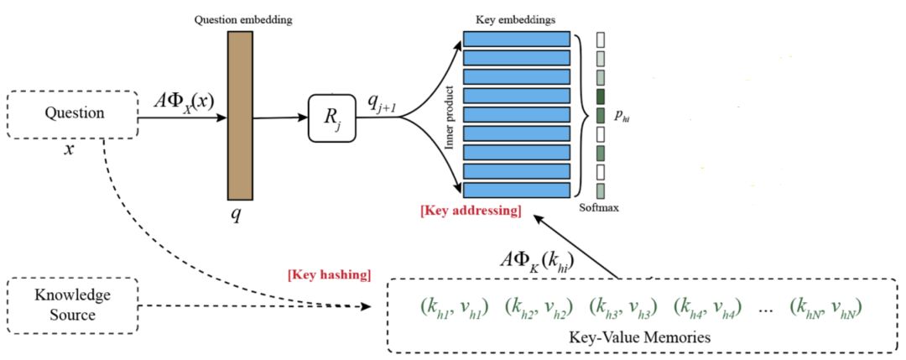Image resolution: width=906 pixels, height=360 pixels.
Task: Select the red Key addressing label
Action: click(x=473, y=210)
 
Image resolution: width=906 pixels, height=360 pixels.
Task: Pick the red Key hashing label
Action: click(x=329, y=274)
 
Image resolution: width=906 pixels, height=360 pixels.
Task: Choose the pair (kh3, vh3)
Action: click(x=623, y=306)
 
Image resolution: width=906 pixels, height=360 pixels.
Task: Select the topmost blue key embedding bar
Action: click(x=517, y=39)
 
